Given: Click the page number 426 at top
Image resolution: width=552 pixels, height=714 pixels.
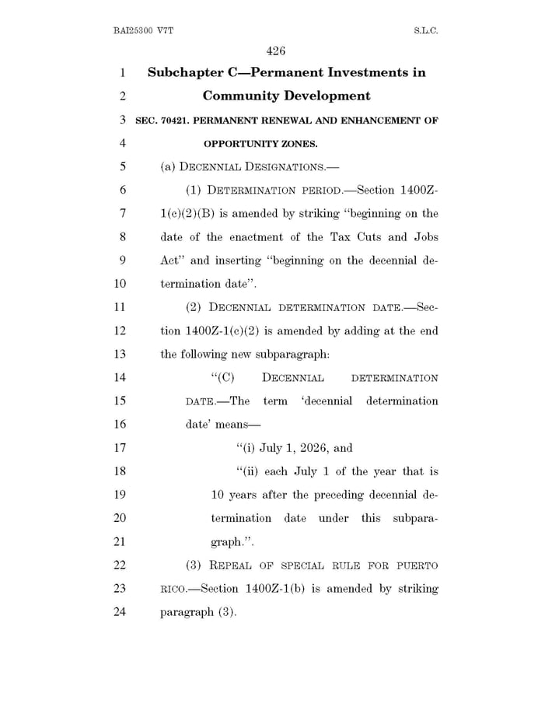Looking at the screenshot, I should tap(276, 51).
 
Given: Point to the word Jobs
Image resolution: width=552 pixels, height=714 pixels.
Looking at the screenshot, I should tap(423, 236).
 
